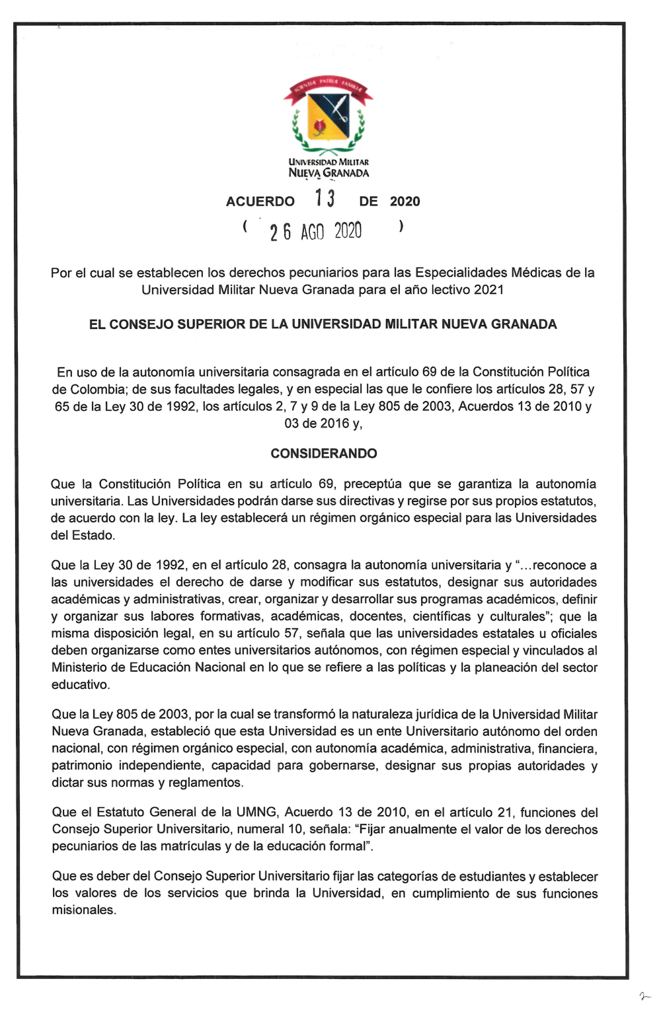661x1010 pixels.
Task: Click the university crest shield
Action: pos(329,113)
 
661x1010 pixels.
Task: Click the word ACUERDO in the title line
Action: pos(260,201)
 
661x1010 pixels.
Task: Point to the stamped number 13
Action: pos(325,198)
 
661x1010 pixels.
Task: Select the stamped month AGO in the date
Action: pos(312,232)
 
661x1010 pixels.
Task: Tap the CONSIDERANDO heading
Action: pos(324,453)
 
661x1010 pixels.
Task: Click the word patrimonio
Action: pos(82,765)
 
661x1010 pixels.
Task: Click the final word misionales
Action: pos(83,910)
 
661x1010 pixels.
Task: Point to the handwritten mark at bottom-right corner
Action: pos(645,995)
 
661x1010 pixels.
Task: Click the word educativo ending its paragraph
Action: pos(80,684)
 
